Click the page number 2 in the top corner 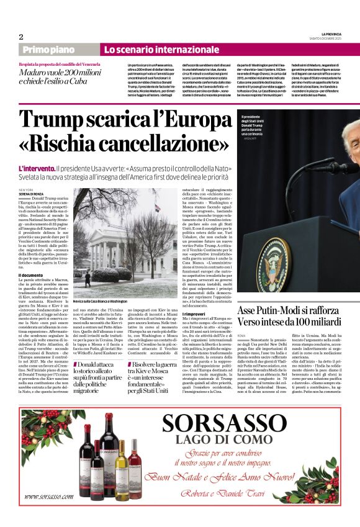pos(21,37)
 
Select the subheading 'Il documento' pos(30,275)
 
